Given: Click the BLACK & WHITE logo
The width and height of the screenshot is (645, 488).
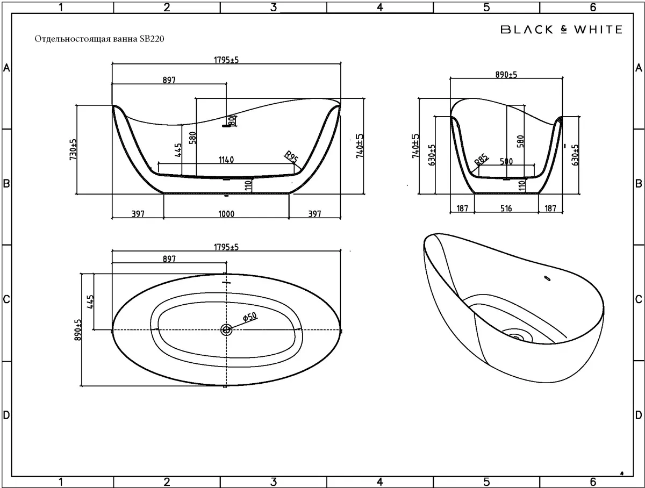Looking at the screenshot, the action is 561,30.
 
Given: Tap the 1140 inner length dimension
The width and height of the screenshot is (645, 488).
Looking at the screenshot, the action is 226,160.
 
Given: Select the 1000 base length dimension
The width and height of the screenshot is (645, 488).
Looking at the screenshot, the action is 226,214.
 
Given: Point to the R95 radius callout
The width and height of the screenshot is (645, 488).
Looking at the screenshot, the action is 291,157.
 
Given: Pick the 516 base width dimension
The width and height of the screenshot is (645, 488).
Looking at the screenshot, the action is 506,209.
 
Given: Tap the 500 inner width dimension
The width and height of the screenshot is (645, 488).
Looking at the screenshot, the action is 506,162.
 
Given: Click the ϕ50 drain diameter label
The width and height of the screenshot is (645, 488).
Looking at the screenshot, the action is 250,317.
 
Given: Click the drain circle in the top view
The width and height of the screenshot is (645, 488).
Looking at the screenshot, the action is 226,330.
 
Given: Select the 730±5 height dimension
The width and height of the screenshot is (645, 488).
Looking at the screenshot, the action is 73,149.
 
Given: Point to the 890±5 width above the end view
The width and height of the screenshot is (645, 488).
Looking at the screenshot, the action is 506,75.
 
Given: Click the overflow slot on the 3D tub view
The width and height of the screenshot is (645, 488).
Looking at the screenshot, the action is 547,278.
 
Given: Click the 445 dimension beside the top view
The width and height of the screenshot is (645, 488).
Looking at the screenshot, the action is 90,302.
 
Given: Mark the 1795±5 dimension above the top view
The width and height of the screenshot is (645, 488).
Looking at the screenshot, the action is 226,247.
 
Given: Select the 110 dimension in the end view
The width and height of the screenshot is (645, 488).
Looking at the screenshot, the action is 522,186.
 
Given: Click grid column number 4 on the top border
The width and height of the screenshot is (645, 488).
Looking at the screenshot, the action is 380,7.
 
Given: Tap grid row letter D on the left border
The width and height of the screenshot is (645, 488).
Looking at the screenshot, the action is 6,415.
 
